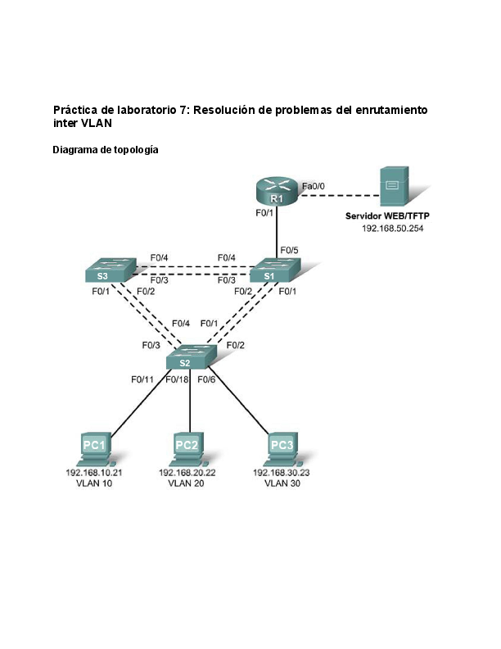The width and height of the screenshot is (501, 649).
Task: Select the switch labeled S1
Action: click(x=274, y=270)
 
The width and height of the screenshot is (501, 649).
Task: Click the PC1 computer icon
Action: click(x=94, y=449)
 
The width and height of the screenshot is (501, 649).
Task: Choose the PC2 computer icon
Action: click(x=187, y=449)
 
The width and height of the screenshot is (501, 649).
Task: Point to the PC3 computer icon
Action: click(x=281, y=449)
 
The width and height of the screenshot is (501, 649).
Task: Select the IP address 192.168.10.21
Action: click(x=93, y=474)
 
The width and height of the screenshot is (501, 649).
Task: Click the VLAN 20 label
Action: click(x=186, y=483)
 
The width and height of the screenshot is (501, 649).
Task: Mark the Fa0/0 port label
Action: click(x=314, y=187)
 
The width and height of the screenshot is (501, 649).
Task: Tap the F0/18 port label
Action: click(x=177, y=379)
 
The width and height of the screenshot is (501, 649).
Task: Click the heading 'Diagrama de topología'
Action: click(x=106, y=150)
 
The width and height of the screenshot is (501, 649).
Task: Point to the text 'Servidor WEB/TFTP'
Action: click(x=387, y=217)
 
